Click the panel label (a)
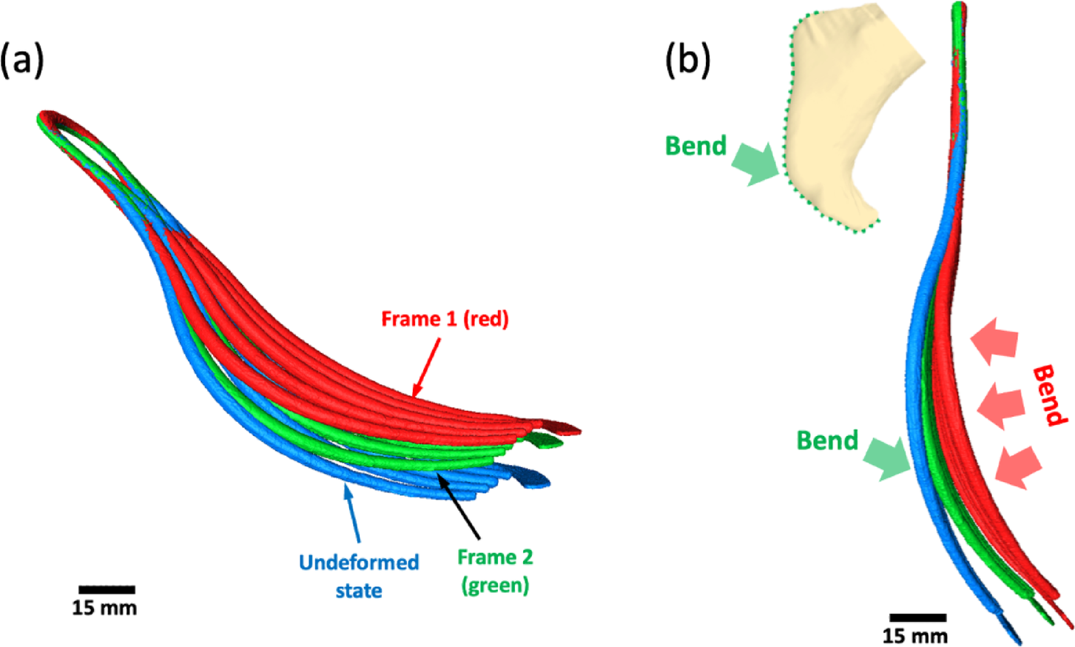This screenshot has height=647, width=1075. (22, 60)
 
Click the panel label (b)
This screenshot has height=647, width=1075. (687, 60)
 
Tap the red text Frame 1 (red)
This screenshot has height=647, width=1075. (445, 319)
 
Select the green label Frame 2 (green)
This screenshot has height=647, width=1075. (494, 571)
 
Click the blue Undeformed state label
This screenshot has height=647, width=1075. (359, 576)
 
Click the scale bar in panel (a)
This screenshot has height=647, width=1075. (107, 590)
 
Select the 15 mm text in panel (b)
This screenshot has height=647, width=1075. (914, 636)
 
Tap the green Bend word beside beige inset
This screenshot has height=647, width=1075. (695, 146)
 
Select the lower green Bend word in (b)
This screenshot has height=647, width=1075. (826, 440)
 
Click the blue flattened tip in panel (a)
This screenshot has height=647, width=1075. (530, 477)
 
